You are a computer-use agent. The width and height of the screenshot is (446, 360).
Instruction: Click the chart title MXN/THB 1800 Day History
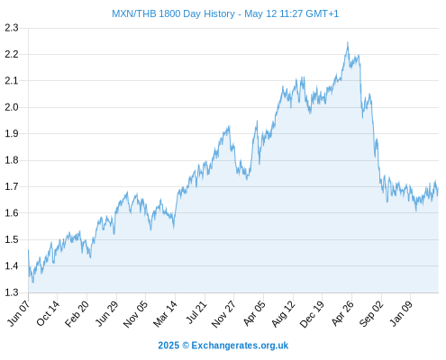pyautogui.click(x=173, y=13)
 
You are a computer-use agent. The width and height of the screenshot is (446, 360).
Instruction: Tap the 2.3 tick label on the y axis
pyautogui.click(x=12, y=28)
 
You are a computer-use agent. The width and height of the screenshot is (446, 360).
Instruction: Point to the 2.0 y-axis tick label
pyautogui.click(x=12, y=107)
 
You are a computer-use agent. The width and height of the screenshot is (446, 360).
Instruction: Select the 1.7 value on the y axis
pyautogui.click(x=12, y=186)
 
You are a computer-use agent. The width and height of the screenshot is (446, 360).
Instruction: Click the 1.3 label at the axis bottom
pyautogui.click(x=12, y=292)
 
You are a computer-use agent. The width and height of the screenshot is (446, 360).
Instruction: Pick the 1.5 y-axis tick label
pyautogui.click(x=12, y=239)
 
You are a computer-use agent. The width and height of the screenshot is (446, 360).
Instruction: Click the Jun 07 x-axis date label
pyautogui.click(x=19, y=313)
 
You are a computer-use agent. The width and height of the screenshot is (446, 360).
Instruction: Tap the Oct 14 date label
pyautogui.click(x=48, y=313)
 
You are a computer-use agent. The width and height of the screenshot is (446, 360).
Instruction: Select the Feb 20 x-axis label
pyautogui.click(x=77, y=313)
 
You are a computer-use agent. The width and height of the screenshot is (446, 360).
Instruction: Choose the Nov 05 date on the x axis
pyautogui.click(x=136, y=313)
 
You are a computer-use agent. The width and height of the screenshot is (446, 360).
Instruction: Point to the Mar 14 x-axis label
pyautogui.click(x=165, y=313)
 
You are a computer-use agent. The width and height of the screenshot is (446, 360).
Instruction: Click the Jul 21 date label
pyautogui.click(x=196, y=312)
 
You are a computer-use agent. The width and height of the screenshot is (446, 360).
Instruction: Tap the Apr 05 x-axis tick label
pyautogui.click(x=254, y=313)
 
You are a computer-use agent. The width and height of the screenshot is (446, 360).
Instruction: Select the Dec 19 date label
pyautogui.click(x=312, y=313)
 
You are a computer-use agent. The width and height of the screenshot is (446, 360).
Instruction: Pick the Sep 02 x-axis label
pyautogui.click(x=371, y=313)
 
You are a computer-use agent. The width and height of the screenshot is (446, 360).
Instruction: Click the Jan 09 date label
pyautogui.click(x=401, y=313)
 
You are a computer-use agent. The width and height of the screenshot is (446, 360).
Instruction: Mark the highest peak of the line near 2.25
pyautogui.click(x=348, y=42)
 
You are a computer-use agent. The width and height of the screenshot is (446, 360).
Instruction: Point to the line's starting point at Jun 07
pyautogui.click(x=29, y=250)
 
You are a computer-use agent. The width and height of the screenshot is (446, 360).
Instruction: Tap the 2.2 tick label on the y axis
pyautogui.click(x=12, y=54)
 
